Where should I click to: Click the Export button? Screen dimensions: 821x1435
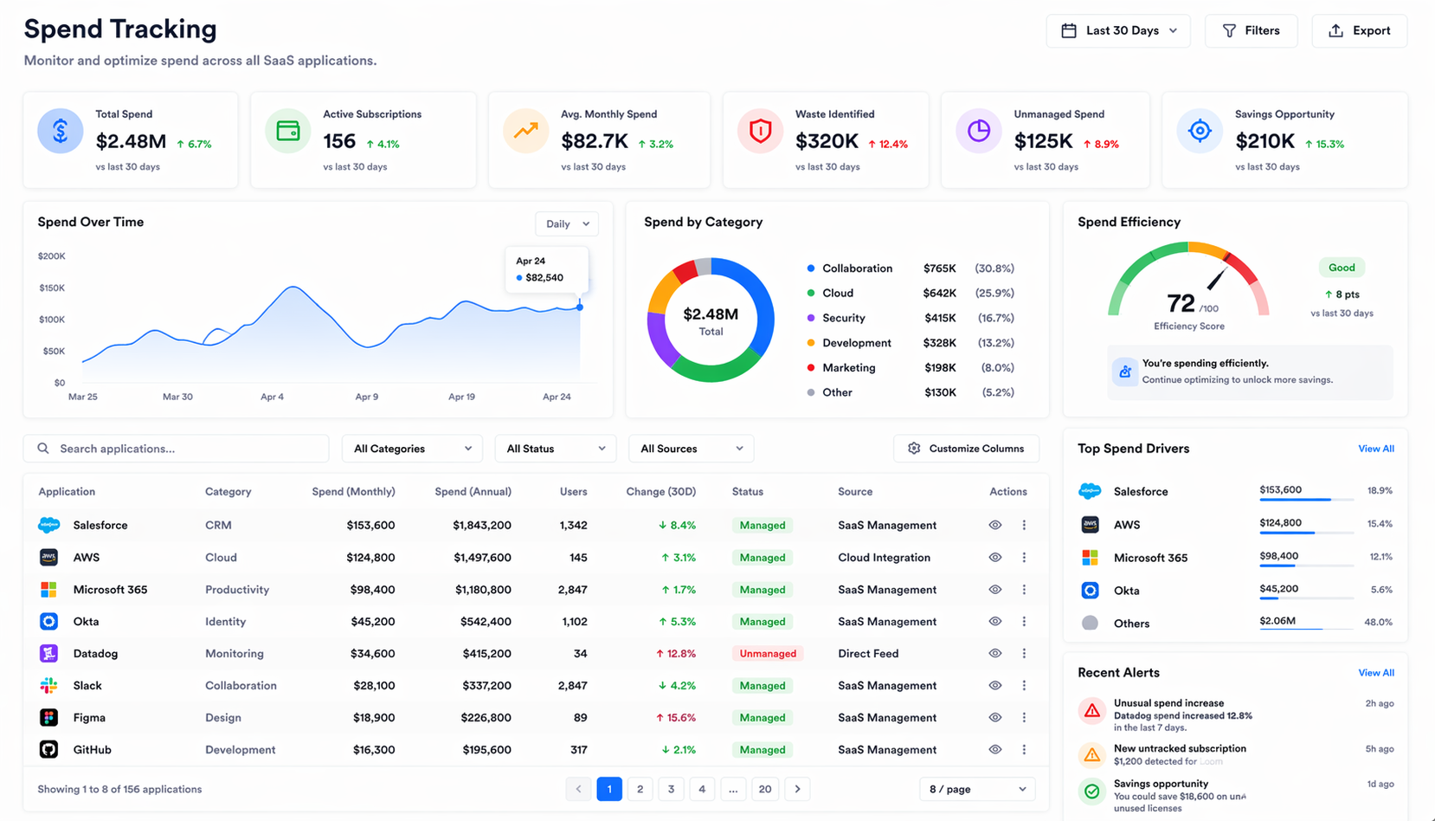click(1359, 31)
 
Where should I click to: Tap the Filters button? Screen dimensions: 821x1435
click(1251, 31)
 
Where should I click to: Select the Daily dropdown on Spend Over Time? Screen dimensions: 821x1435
click(567, 224)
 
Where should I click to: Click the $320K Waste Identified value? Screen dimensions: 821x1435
click(827, 141)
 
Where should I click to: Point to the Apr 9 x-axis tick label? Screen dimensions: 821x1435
click(366, 397)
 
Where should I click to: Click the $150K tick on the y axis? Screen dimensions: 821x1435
click(52, 288)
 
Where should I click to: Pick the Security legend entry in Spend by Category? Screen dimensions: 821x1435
click(843, 318)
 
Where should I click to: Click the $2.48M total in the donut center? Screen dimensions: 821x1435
click(711, 314)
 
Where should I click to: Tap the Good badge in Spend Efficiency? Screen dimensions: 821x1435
click(1341, 268)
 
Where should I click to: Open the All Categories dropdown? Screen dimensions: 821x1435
click(412, 449)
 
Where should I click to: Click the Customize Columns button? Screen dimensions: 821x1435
click(966, 449)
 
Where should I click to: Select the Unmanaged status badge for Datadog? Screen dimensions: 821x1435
click(768, 654)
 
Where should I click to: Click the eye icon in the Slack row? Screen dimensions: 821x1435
click(995, 686)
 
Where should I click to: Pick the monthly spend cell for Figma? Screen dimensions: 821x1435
click(374, 718)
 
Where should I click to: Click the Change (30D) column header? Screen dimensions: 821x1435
click(660, 492)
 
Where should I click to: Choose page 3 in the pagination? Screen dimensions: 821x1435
click(671, 789)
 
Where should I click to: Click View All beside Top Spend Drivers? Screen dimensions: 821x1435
click(1375, 449)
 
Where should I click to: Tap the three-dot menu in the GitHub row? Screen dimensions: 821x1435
click(1024, 750)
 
